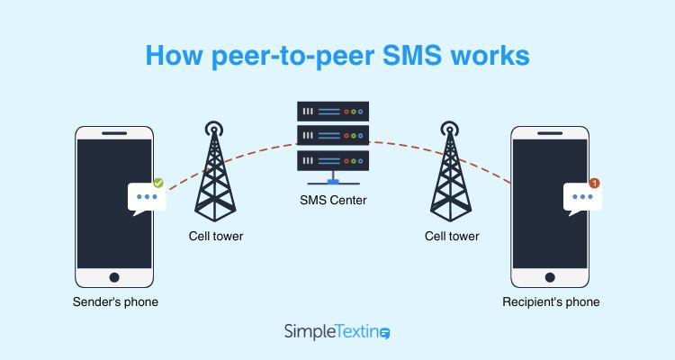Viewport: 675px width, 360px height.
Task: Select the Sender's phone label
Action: click(115, 301)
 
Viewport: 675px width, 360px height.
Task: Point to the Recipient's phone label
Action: click(551, 301)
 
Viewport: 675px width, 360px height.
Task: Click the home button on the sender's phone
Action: click(114, 278)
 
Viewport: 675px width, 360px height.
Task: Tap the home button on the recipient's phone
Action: click(551, 278)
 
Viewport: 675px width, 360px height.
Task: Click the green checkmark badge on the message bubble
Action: click(157, 183)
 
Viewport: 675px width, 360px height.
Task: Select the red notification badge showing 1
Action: click(594, 183)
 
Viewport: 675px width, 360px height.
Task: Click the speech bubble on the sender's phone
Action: click(147, 198)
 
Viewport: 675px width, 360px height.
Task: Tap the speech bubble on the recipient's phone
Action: click(582, 197)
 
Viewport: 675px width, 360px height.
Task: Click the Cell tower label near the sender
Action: click(215, 236)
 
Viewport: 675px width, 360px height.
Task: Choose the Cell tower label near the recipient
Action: click(452, 236)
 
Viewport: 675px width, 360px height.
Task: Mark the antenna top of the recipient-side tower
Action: click(451, 129)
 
